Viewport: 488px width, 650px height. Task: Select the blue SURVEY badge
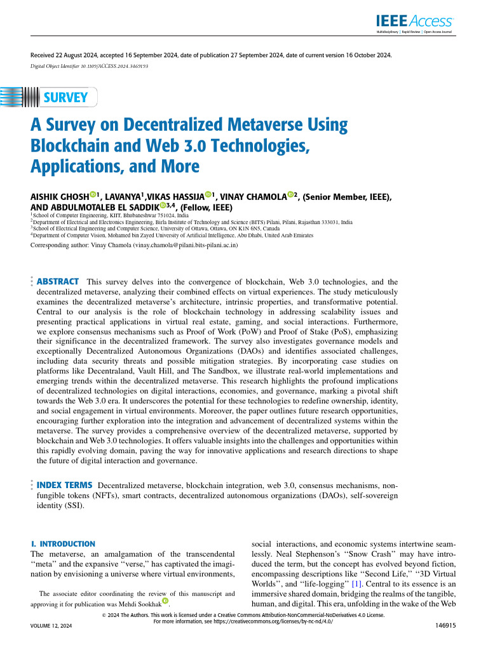coord(65,98)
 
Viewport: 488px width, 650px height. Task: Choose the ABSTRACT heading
coord(58,281)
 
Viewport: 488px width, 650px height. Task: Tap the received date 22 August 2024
coord(79,55)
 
